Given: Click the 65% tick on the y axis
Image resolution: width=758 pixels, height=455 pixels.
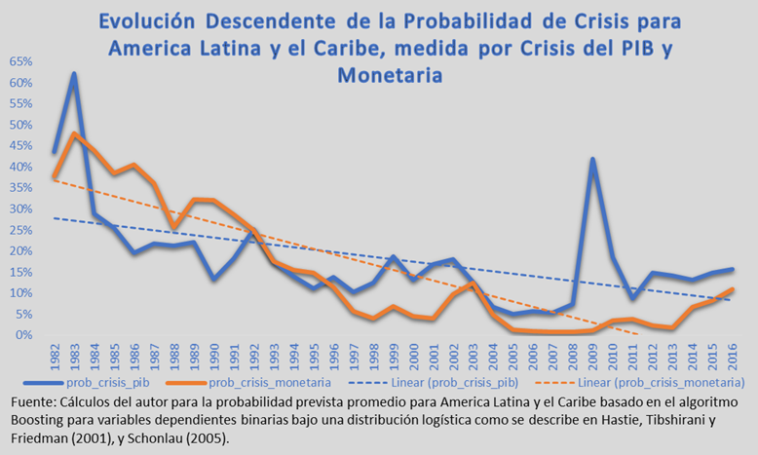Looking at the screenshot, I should [x=19, y=61].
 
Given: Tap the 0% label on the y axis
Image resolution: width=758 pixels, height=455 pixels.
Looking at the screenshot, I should [x=23, y=334].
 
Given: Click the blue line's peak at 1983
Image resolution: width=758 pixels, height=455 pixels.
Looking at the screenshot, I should [x=74, y=74].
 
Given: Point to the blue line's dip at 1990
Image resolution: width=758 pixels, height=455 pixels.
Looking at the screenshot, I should [x=213, y=279].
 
